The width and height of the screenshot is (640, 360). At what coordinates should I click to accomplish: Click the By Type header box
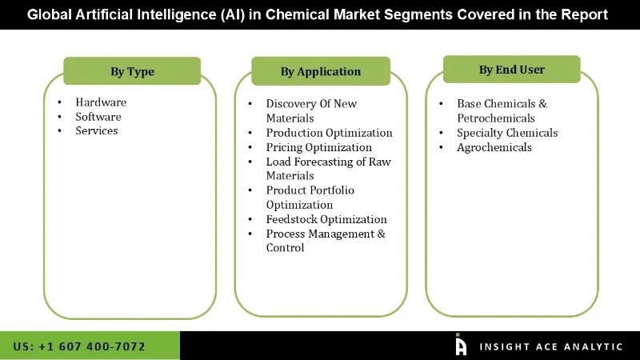(x=132, y=71)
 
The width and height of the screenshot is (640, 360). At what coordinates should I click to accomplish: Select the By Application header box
(x=320, y=71)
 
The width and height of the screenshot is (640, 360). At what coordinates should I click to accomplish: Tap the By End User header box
(x=512, y=70)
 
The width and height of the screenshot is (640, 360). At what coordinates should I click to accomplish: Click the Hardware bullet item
(x=101, y=102)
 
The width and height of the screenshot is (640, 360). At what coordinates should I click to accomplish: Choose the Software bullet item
(x=98, y=117)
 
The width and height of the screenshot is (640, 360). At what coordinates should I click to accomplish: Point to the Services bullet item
(x=97, y=131)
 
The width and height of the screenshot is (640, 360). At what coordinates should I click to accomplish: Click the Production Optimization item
(x=329, y=133)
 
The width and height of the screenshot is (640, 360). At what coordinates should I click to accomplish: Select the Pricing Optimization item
(x=318, y=147)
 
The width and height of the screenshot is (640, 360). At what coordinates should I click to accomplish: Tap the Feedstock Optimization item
(x=326, y=219)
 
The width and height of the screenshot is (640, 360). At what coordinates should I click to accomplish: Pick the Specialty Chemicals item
(x=507, y=133)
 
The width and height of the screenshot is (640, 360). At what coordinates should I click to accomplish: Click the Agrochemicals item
(x=494, y=147)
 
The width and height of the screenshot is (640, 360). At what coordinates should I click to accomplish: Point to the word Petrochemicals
(x=496, y=118)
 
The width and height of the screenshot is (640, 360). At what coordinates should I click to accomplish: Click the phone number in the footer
(x=79, y=346)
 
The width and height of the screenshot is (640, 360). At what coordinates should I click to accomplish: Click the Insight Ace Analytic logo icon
(x=461, y=345)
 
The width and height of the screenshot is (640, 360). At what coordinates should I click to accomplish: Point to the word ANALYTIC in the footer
(x=593, y=346)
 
